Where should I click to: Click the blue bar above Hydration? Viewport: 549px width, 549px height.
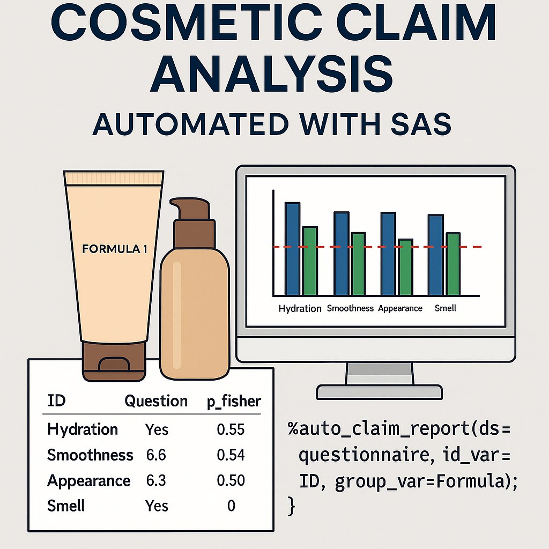[x=292, y=249]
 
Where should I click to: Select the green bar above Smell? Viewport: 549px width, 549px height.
[x=453, y=264]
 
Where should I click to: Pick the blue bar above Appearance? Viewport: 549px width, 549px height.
[x=388, y=254]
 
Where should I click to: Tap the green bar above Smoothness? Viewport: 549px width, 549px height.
[x=359, y=264]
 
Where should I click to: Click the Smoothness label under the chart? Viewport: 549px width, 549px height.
[x=350, y=308]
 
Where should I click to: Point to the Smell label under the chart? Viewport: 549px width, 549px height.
[x=446, y=308]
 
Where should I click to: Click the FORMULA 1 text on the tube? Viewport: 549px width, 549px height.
[x=115, y=249]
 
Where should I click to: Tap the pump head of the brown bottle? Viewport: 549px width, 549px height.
[x=190, y=209]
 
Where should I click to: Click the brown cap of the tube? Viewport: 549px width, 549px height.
[x=114, y=361]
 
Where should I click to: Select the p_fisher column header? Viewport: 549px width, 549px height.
[x=234, y=402]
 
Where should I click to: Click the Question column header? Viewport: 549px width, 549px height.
[x=156, y=401]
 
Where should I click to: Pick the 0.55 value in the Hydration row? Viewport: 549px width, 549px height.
[x=231, y=429]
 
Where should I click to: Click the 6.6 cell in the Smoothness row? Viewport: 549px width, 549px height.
[x=156, y=455]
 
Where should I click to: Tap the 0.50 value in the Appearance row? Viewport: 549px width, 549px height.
[x=231, y=480]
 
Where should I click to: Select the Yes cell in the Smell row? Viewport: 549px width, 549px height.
[x=157, y=506]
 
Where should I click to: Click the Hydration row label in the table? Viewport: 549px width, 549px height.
[x=83, y=429]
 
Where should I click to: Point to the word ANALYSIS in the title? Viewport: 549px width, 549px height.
[x=272, y=74]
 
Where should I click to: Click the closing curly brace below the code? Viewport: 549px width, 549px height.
[x=291, y=506]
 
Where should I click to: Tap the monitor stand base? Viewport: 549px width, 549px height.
[x=379, y=392]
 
